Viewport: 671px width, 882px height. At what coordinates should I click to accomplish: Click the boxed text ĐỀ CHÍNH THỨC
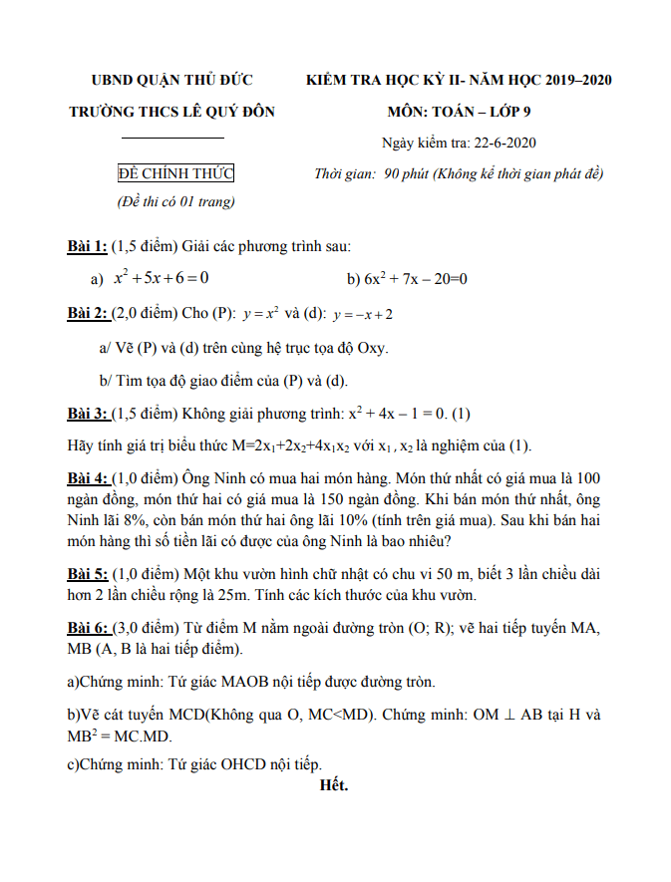(175, 173)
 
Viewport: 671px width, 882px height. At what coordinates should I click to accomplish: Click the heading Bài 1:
(87, 246)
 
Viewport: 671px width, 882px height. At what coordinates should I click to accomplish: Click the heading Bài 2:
(88, 314)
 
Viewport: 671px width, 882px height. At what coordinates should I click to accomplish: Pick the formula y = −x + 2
(363, 315)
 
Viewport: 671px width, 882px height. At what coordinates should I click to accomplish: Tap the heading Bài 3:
(88, 413)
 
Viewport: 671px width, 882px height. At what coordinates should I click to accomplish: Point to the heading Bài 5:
(88, 574)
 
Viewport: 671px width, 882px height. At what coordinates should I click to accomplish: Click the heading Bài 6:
(88, 629)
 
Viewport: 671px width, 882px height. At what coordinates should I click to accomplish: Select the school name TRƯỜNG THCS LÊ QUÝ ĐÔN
(171, 112)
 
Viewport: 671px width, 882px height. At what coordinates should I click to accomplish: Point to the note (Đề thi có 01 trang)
(175, 202)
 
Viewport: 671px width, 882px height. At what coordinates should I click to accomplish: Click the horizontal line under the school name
(172, 138)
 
